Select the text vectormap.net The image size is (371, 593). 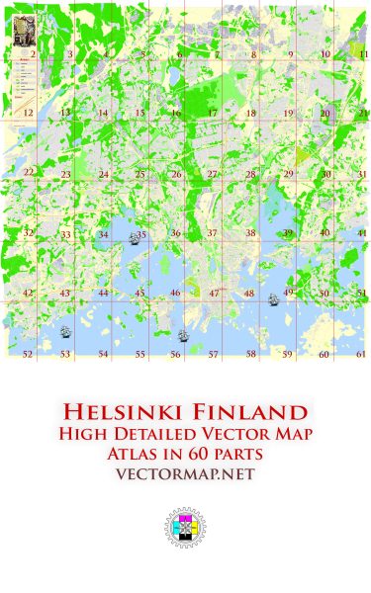185,474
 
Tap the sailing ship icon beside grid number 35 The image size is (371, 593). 132,235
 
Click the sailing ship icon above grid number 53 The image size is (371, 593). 64,331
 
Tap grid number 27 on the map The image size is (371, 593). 212,174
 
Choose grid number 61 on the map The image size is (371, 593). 361,354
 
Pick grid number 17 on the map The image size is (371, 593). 212,114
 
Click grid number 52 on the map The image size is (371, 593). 28,354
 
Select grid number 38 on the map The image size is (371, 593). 250,233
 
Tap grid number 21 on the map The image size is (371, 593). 363,114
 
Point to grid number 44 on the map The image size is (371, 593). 103,294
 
